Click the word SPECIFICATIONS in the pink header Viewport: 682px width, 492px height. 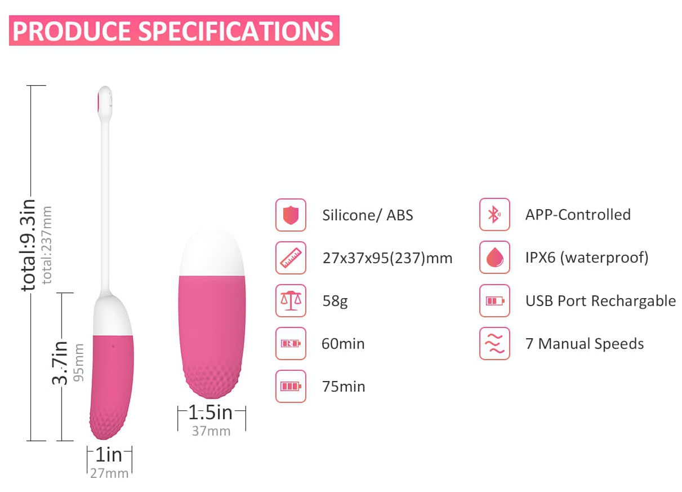237,31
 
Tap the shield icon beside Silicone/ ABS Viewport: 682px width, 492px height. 291,215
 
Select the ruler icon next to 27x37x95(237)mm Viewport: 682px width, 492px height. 291,258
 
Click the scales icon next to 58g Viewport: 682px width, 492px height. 291,301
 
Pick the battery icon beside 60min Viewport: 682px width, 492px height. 291,344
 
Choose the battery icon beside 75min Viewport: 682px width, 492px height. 291,387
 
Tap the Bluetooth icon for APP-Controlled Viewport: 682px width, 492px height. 494,215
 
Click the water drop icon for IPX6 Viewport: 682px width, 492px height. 494,258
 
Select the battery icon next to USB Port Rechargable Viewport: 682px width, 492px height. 494,301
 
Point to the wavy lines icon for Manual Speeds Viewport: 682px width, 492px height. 494,344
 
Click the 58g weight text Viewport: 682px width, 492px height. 335,302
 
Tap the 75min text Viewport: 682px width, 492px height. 344,387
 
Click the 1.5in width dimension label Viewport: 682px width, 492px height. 211,413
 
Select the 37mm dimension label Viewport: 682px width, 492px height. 211,431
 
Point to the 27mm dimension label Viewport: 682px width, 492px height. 109,473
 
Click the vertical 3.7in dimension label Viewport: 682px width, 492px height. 60,363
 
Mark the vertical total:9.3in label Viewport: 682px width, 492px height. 28,245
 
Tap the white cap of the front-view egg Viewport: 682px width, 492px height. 212,251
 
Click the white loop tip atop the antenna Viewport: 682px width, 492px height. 105,103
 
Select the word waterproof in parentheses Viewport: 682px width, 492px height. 604,258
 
